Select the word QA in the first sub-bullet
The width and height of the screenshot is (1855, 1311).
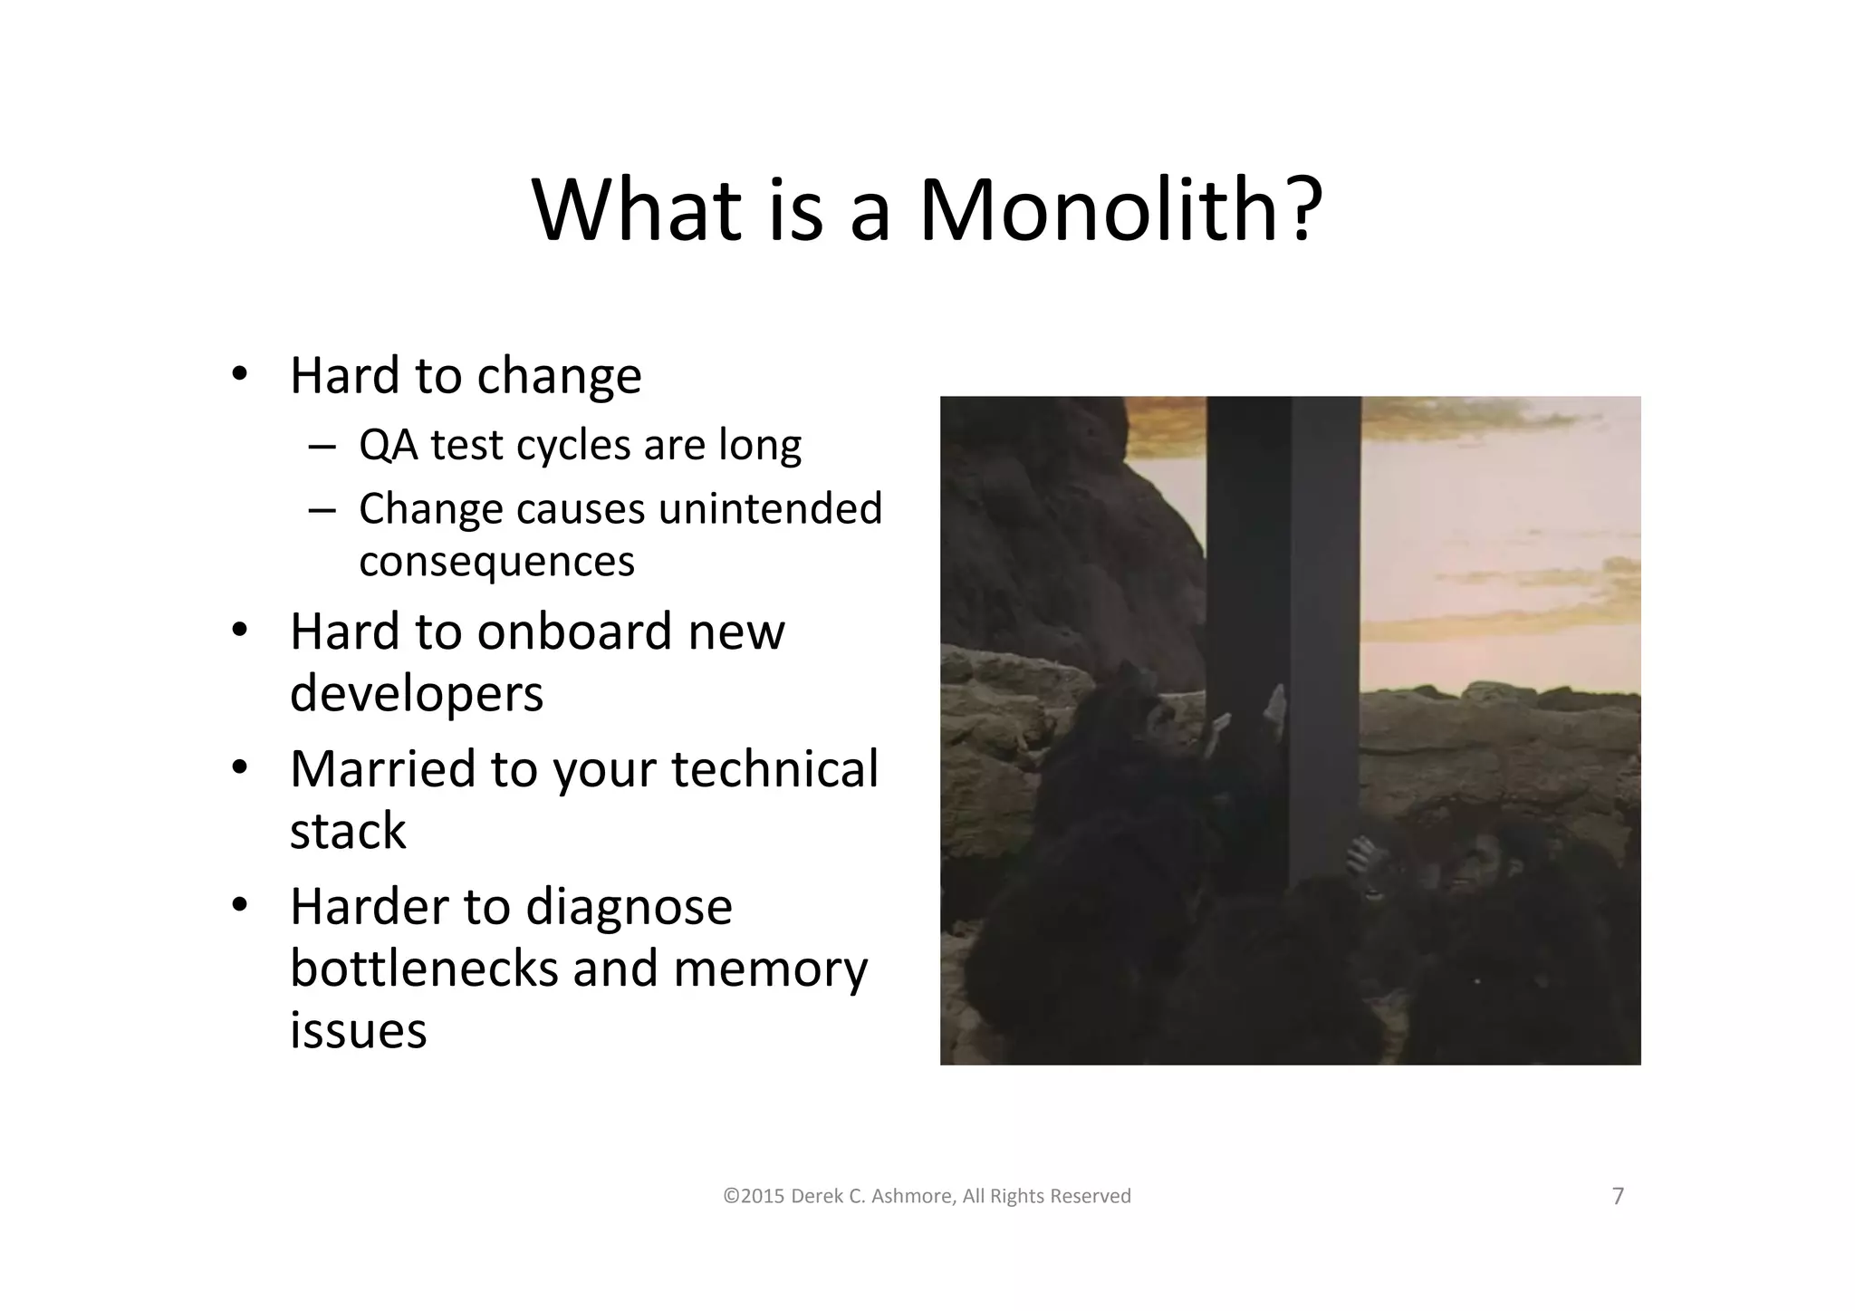(388, 445)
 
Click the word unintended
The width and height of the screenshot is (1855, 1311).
(770, 508)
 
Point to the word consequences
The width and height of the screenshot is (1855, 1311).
(496, 561)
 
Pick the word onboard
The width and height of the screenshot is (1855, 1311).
(573, 631)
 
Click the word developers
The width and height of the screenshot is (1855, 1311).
(417, 694)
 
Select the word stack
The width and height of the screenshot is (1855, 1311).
(348, 831)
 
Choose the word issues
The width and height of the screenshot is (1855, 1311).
(358, 1030)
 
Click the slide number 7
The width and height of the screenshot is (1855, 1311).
(1618, 1197)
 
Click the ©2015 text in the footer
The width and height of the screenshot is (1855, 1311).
(754, 1197)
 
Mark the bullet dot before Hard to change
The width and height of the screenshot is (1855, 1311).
(239, 375)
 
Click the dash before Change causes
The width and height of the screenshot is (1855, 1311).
(320, 510)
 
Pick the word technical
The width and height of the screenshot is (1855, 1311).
(774, 769)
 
